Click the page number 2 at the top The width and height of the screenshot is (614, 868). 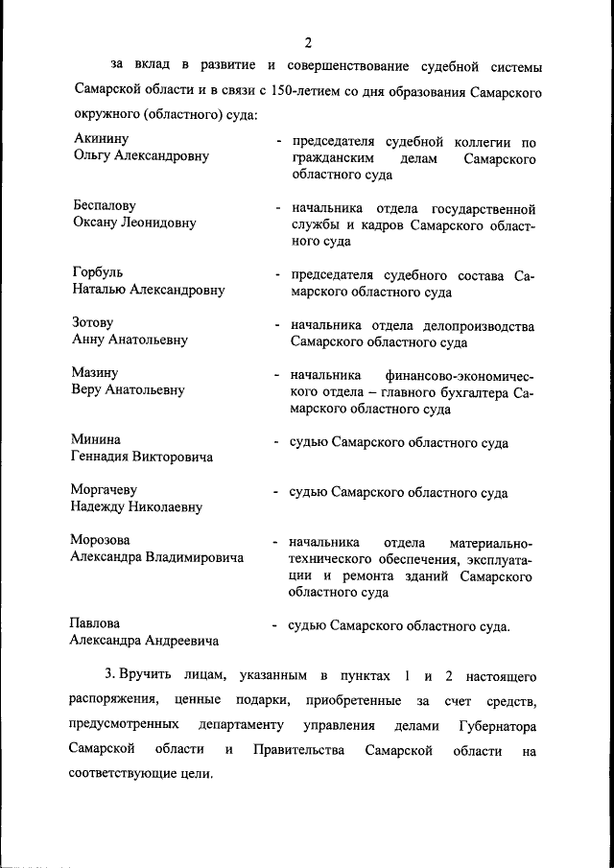[307, 42]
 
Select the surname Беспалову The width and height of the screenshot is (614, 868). [105, 206]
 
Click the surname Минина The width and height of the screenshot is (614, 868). [95, 439]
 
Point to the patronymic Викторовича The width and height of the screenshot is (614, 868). [169, 457]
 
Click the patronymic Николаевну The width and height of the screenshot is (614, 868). [161, 506]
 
